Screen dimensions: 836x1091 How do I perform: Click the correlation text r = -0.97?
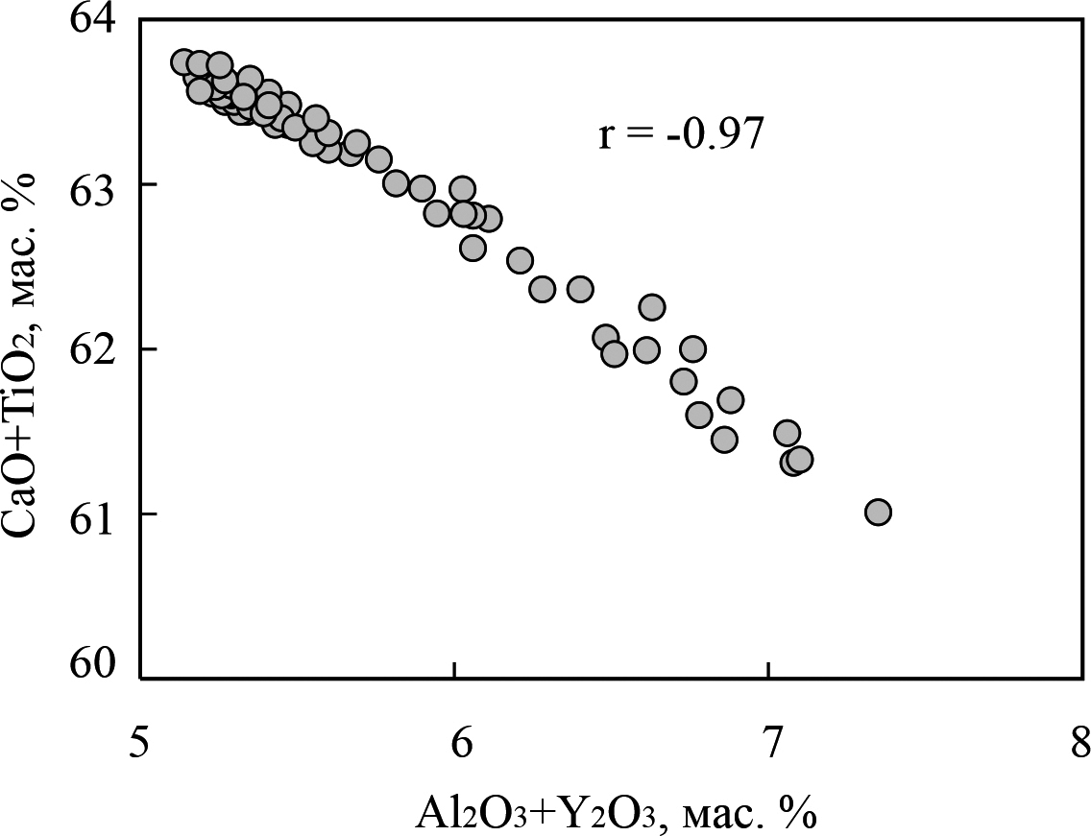tap(681, 134)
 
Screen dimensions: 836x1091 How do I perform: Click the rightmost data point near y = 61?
tap(878, 513)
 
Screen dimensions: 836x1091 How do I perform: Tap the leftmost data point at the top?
tap(182, 62)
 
